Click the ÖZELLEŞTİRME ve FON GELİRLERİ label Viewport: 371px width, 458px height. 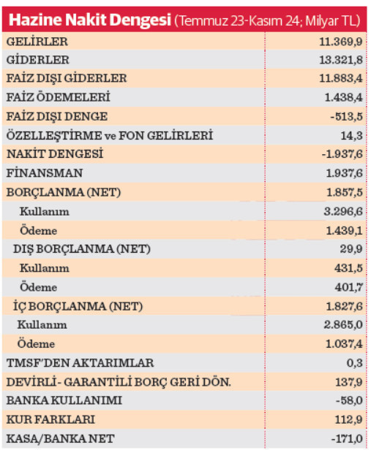click(x=110, y=135)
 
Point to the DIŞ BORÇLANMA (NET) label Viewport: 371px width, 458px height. click(x=82, y=249)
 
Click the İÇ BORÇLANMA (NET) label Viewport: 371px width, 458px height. click(x=78, y=306)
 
